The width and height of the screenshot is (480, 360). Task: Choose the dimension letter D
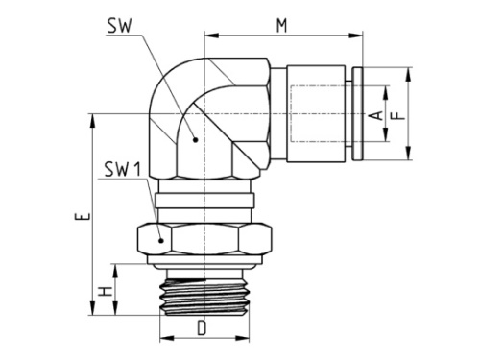click(x=203, y=329)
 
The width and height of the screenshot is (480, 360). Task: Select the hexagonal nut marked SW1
click(x=204, y=238)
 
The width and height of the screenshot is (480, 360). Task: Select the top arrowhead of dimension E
click(x=93, y=117)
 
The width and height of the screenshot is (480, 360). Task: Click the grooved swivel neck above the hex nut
click(x=204, y=203)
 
